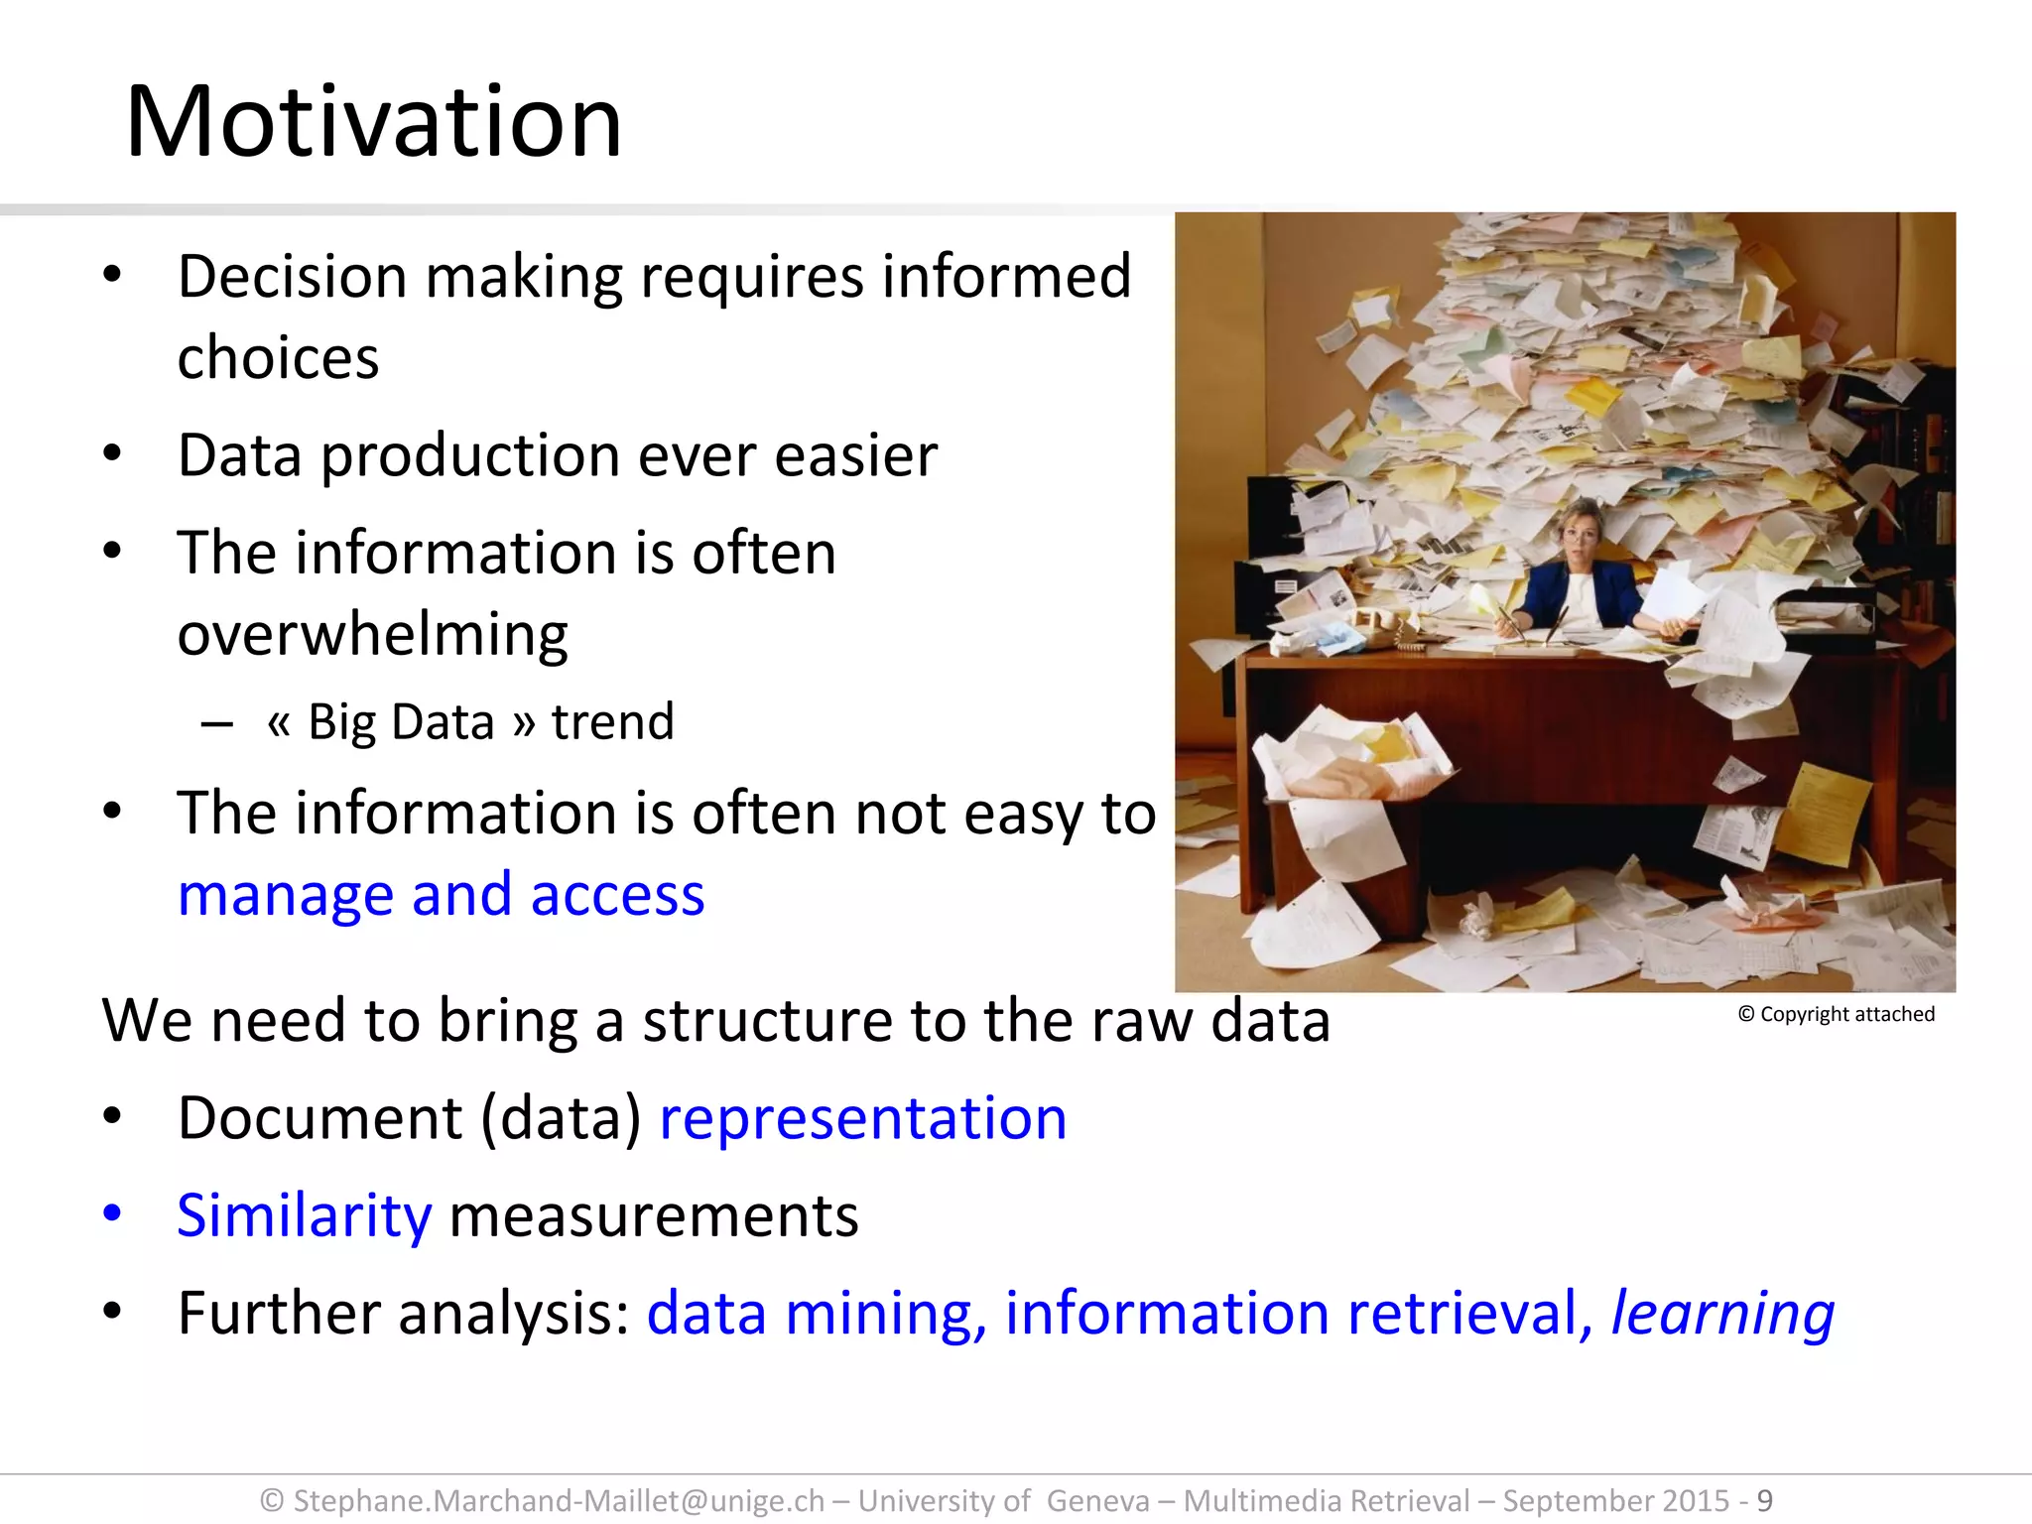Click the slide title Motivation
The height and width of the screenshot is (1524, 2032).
pyautogui.click(x=373, y=122)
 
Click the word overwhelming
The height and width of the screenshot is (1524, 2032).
pyautogui.click(x=372, y=634)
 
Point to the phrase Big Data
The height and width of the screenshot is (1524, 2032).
pyautogui.click(x=400, y=721)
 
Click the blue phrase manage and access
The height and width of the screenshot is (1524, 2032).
pyautogui.click(x=441, y=894)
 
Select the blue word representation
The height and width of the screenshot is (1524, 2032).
pyautogui.click(x=862, y=1118)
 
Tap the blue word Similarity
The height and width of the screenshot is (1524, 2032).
pyautogui.click(x=304, y=1215)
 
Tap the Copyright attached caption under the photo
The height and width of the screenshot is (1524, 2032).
pyautogui.click(x=1837, y=1014)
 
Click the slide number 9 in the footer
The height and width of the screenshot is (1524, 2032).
pyautogui.click(x=1764, y=1500)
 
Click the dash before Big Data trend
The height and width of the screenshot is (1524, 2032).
pyautogui.click(x=216, y=723)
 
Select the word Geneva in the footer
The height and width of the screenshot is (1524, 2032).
pyautogui.click(x=1097, y=1500)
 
